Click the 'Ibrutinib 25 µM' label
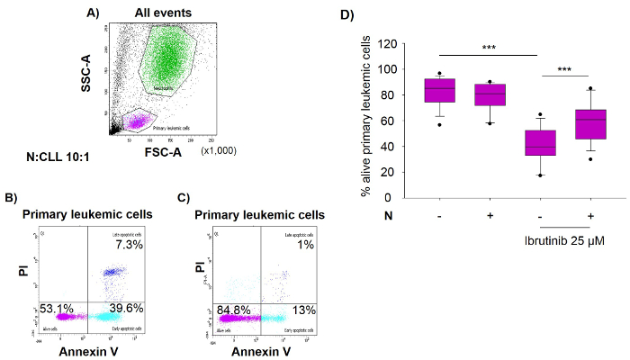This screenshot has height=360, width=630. (x=565, y=240)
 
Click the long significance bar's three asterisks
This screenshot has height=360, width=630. (x=490, y=46)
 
